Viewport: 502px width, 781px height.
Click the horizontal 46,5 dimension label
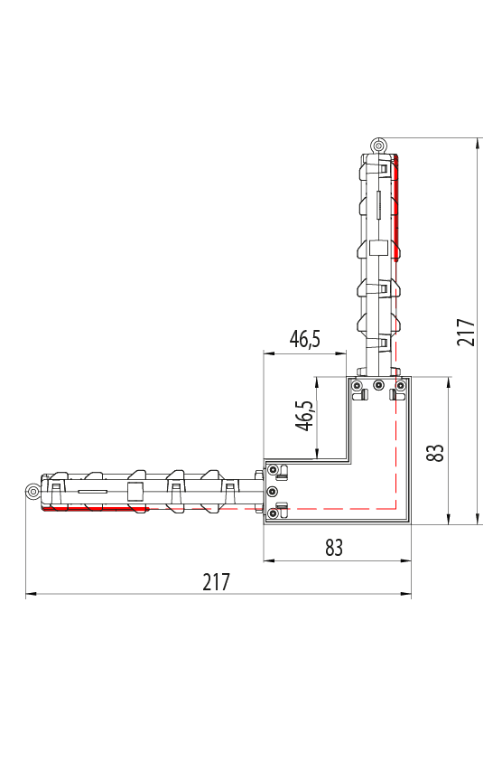tap(305, 339)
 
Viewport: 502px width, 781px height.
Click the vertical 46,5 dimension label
tap(305, 416)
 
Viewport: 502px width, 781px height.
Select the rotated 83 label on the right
tap(435, 452)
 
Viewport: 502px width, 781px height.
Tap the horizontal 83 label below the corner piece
tap(334, 548)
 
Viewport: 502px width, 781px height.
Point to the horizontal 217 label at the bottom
tap(217, 581)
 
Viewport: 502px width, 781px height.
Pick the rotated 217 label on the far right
tap(466, 333)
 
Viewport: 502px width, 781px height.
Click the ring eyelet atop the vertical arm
tap(378, 146)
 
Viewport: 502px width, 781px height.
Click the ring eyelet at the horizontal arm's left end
tap(33, 492)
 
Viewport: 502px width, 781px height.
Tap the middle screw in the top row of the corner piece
tap(378, 384)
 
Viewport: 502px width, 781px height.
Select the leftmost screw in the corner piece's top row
tap(357, 384)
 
